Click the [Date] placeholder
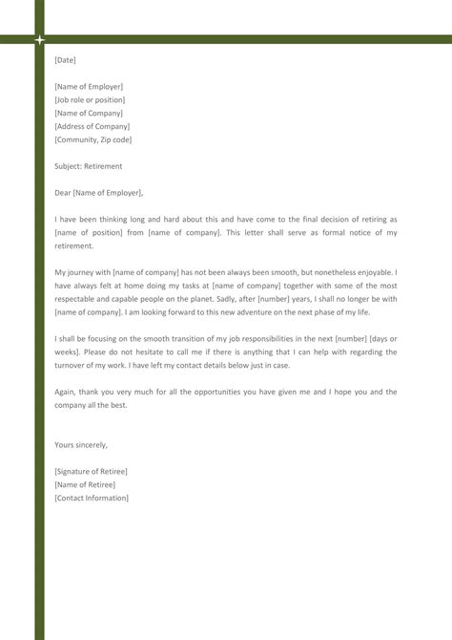tap(65, 60)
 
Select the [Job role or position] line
tap(90, 100)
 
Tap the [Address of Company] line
tap(92, 126)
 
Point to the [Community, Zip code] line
tap(93, 139)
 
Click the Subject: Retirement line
tap(89, 166)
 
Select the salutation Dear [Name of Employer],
tap(99, 193)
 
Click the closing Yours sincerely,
tap(81, 445)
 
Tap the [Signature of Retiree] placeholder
tap(91, 472)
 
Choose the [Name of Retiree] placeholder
tap(85, 485)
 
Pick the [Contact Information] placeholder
tap(92, 499)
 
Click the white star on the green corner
tap(40, 40)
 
